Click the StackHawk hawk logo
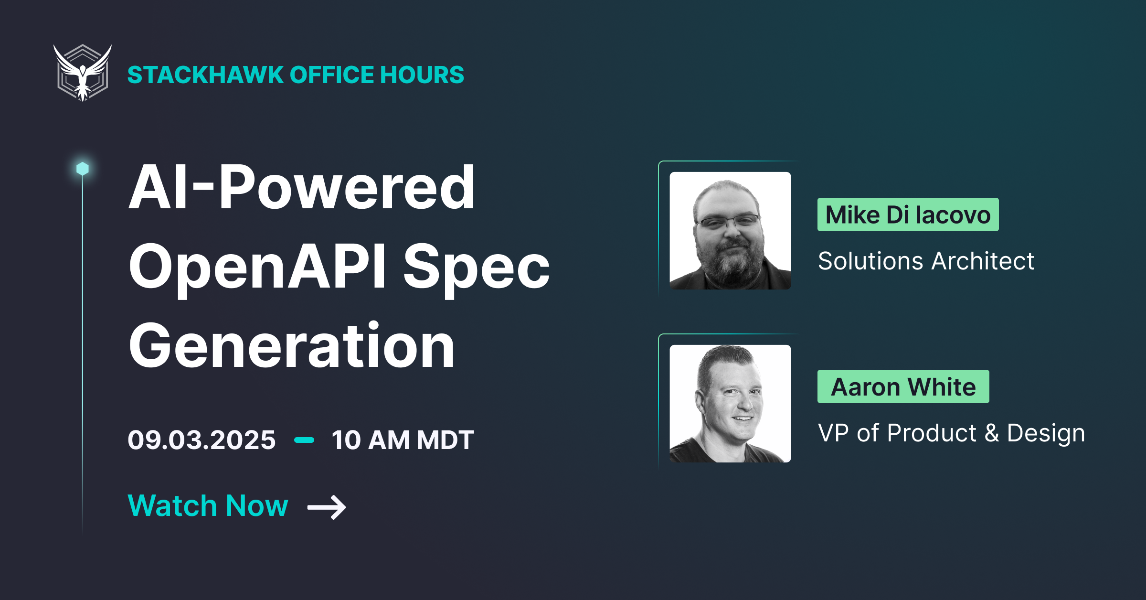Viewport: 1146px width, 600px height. point(83,73)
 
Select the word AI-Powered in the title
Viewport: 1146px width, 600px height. point(302,187)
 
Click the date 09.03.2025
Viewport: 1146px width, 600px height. point(202,439)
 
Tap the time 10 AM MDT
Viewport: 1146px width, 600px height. point(403,439)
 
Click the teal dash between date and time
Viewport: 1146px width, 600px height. point(304,440)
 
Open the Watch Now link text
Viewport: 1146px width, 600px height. point(208,505)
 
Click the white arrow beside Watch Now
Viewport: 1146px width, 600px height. point(327,507)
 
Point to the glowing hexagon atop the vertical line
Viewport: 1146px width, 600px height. point(83,169)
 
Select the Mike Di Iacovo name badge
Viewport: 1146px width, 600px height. point(908,214)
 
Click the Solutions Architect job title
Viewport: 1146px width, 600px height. point(926,261)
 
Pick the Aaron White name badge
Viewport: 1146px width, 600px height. point(903,386)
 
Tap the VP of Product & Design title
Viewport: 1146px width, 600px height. point(951,433)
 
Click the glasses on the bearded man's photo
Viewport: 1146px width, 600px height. point(728,221)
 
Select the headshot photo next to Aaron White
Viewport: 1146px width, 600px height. point(730,403)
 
